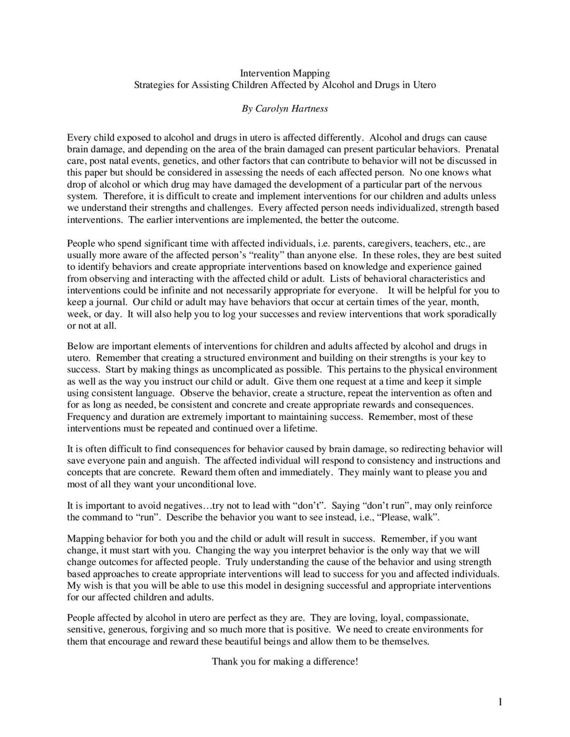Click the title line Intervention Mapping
click(x=285, y=73)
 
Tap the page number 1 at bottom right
click(x=500, y=703)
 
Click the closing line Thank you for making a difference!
click(x=285, y=661)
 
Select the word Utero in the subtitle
click(x=424, y=85)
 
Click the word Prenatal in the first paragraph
click(x=482, y=149)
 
